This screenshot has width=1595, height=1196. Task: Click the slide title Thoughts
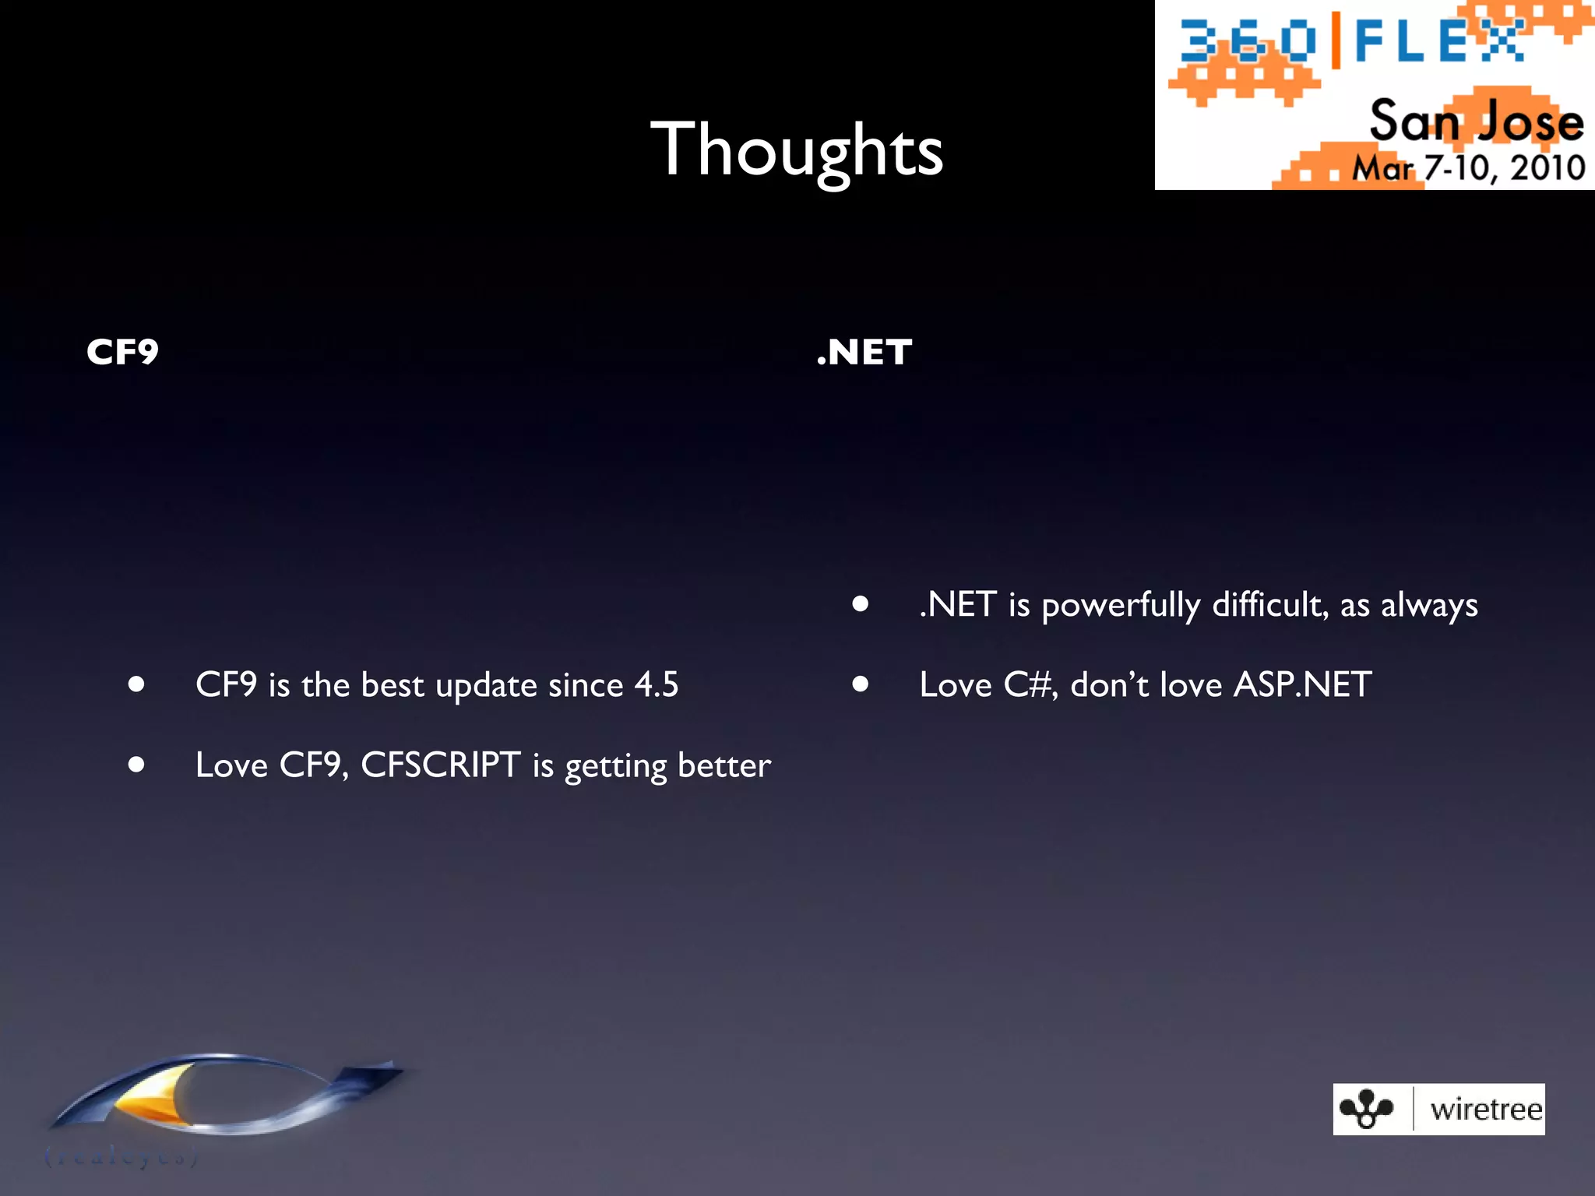[x=797, y=149]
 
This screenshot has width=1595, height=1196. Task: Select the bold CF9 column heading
[x=122, y=352]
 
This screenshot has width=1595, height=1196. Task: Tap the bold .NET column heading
[x=864, y=352]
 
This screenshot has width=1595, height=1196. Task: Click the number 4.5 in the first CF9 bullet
[x=656, y=685]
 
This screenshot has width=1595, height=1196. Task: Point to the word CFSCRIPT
[x=440, y=765]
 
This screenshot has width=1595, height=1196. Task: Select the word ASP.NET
[x=1302, y=685]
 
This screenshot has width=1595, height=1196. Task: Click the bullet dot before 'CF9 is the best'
[x=137, y=684]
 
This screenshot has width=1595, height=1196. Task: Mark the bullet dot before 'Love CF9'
[x=137, y=765]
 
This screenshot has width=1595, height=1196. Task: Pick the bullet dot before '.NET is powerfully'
[x=860, y=603]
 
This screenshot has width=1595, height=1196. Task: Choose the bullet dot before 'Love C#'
[x=860, y=684]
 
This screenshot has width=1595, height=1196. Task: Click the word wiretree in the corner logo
[x=1485, y=1109]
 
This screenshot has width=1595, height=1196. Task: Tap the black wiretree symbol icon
[x=1366, y=1109]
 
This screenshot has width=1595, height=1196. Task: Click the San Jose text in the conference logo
[x=1476, y=121]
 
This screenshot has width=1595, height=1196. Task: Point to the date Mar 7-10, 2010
[x=1468, y=167]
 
